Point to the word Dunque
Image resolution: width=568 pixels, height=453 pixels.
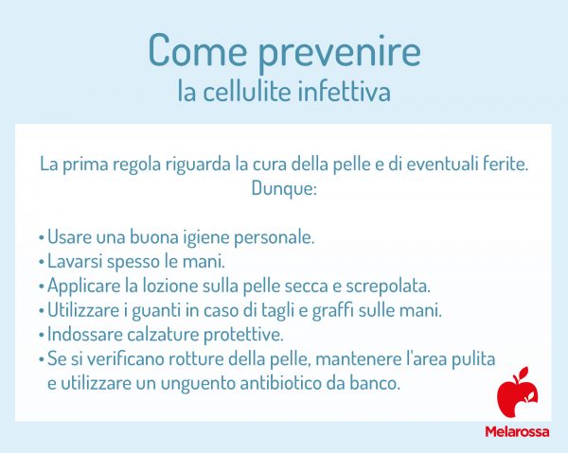283,187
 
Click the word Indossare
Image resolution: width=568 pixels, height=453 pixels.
84,335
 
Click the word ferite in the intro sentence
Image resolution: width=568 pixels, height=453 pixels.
501,163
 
